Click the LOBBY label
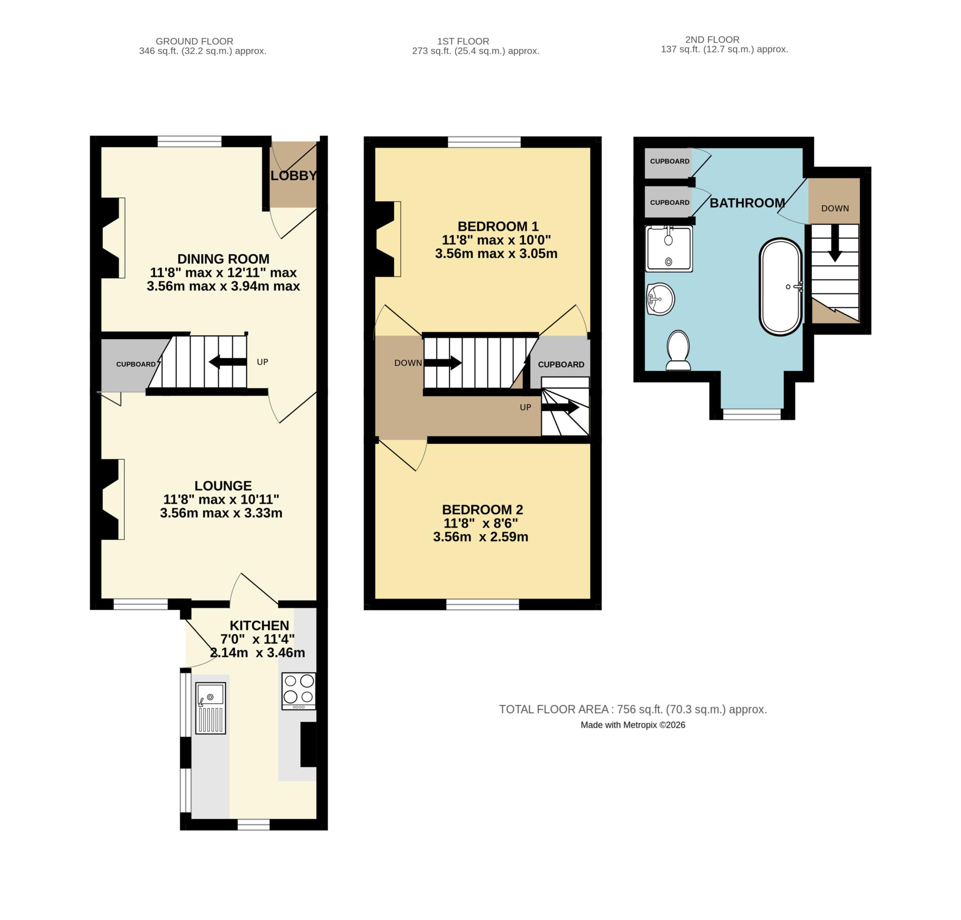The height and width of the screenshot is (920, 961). [x=293, y=175]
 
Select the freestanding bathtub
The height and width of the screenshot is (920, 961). [x=780, y=287]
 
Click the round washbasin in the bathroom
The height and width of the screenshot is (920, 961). [x=660, y=298]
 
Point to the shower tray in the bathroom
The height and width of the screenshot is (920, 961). [x=669, y=249]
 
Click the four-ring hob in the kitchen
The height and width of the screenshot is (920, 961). [x=298, y=691]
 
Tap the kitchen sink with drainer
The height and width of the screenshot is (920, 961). [x=210, y=709]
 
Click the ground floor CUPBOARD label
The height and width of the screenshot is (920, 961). [x=135, y=364]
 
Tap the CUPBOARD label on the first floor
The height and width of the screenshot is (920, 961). [x=561, y=364]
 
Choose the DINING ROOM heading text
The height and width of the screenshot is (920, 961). [x=223, y=259]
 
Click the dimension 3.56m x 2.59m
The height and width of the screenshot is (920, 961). [x=480, y=537]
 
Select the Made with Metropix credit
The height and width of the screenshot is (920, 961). [x=633, y=725]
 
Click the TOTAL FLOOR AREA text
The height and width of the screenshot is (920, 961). [x=633, y=709]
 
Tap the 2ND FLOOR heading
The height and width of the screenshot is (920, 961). [x=712, y=40]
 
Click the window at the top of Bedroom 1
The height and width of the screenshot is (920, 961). [x=484, y=142]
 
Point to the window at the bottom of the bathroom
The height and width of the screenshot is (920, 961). [x=752, y=414]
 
